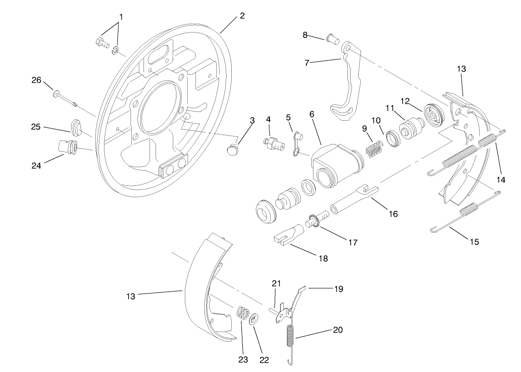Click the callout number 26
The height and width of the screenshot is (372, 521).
pos(36,80)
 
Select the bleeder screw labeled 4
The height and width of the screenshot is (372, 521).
pos(273,142)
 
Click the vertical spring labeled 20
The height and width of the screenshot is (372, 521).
pos(290,339)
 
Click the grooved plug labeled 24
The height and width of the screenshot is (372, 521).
pos(68,145)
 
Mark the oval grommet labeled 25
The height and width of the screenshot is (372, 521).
pos(76,126)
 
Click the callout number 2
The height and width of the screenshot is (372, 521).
pos(242,16)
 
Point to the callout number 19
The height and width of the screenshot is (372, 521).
pos(338,289)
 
